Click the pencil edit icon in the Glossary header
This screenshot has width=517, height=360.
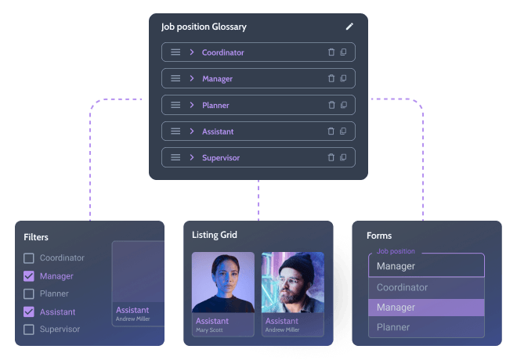point(349,27)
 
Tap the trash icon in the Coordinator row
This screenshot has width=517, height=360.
point(331,52)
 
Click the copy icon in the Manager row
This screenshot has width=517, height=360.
point(343,78)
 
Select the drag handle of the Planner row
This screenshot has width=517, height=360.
point(175,105)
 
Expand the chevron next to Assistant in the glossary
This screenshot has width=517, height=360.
point(192,131)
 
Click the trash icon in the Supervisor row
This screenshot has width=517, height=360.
point(331,157)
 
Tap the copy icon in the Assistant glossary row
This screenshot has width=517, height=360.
point(343,131)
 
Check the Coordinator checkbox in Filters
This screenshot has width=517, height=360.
point(29,258)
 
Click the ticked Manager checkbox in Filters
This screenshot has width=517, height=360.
point(29,276)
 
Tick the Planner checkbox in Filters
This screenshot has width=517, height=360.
point(29,293)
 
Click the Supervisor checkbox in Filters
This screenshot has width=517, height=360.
point(29,329)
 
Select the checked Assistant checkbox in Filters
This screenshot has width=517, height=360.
point(29,311)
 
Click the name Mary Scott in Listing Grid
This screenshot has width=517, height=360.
point(209,329)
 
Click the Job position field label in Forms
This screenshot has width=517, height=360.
point(396,251)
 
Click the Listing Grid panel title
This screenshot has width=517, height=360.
point(215,235)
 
